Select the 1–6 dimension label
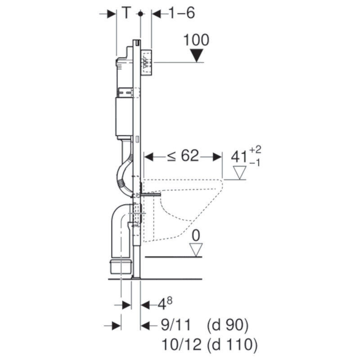181,13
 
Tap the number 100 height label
196,40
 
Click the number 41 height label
238,157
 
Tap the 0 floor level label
196,235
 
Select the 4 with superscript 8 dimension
163,305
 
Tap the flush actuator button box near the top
147,63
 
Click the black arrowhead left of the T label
110,13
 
